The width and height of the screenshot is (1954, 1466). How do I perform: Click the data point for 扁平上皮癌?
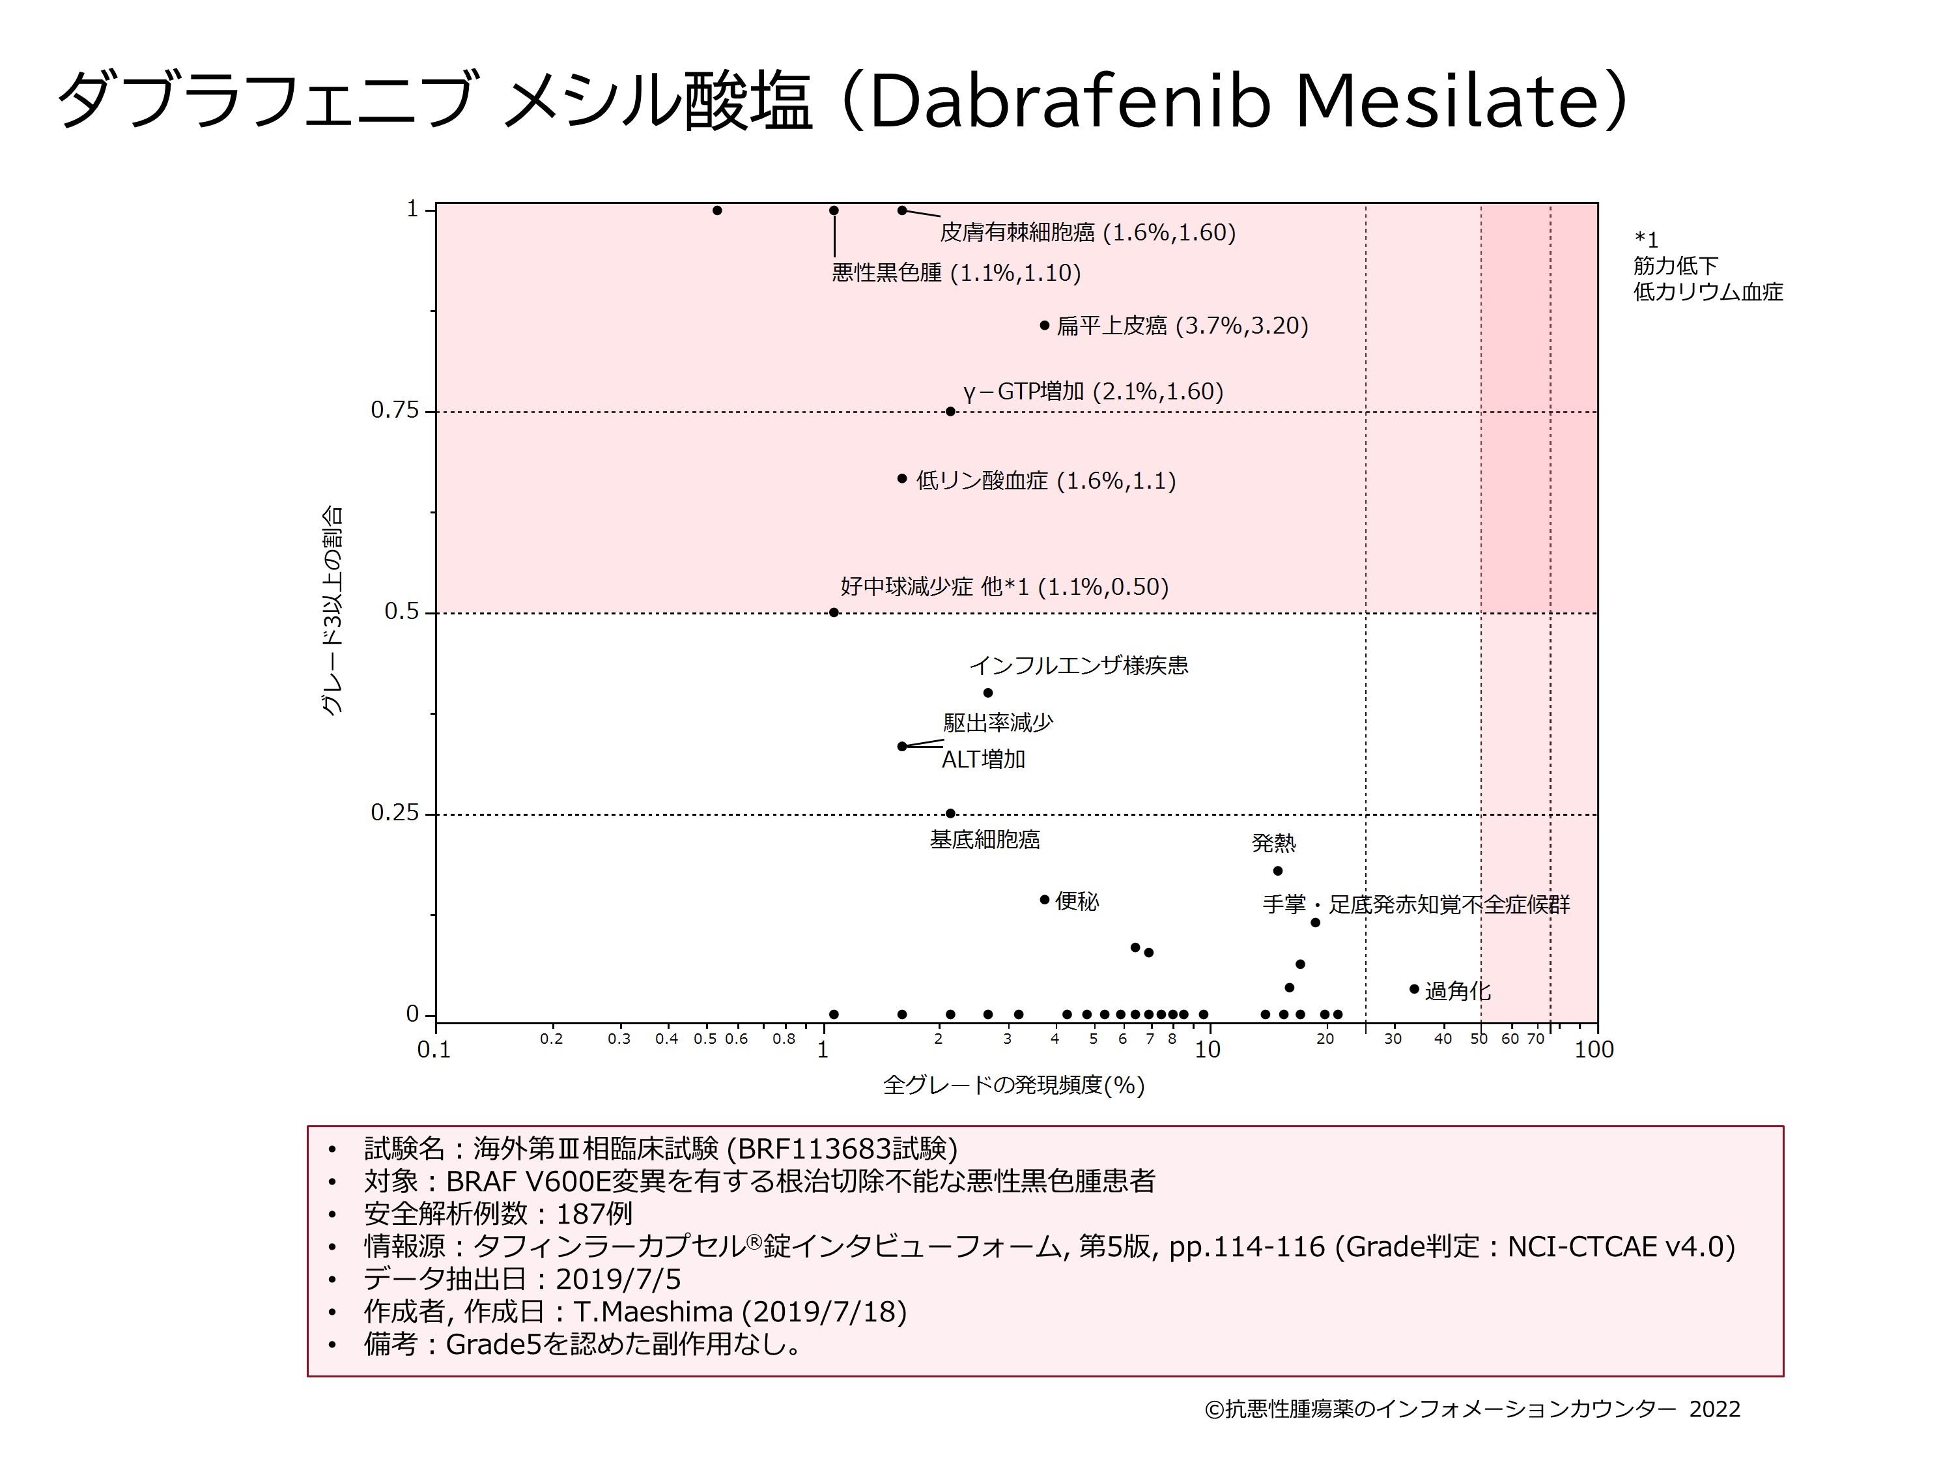pyautogui.click(x=1044, y=325)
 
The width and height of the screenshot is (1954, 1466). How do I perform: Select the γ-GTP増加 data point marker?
pyautogui.click(x=950, y=411)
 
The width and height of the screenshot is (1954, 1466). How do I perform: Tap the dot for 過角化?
pyautogui.click(x=1413, y=989)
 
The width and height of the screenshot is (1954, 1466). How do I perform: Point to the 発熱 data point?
pyautogui.click(x=1277, y=870)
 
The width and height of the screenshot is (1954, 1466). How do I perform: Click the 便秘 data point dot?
pyautogui.click(x=1044, y=900)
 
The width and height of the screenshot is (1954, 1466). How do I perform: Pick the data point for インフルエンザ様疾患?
pyautogui.click(x=987, y=693)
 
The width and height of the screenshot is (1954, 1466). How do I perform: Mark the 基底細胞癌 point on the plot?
pyautogui.click(x=950, y=813)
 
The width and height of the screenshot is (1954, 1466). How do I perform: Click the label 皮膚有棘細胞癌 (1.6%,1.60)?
pyautogui.click(x=1088, y=233)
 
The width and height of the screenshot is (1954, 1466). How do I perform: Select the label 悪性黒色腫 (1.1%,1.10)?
pyautogui.click(x=956, y=273)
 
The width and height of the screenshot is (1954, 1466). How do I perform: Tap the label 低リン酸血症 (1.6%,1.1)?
pyautogui.click(x=1045, y=481)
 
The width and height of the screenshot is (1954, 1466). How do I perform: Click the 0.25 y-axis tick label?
pyautogui.click(x=394, y=813)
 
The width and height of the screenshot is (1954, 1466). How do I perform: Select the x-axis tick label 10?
pyautogui.click(x=1207, y=1050)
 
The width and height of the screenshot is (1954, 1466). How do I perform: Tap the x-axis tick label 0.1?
pyautogui.click(x=434, y=1050)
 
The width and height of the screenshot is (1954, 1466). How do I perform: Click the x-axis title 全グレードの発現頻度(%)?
pyautogui.click(x=1013, y=1085)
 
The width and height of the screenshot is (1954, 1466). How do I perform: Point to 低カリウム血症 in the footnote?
pyautogui.click(x=1708, y=292)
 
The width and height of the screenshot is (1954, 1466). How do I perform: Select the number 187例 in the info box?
pyautogui.click(x=593, y=1213)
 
